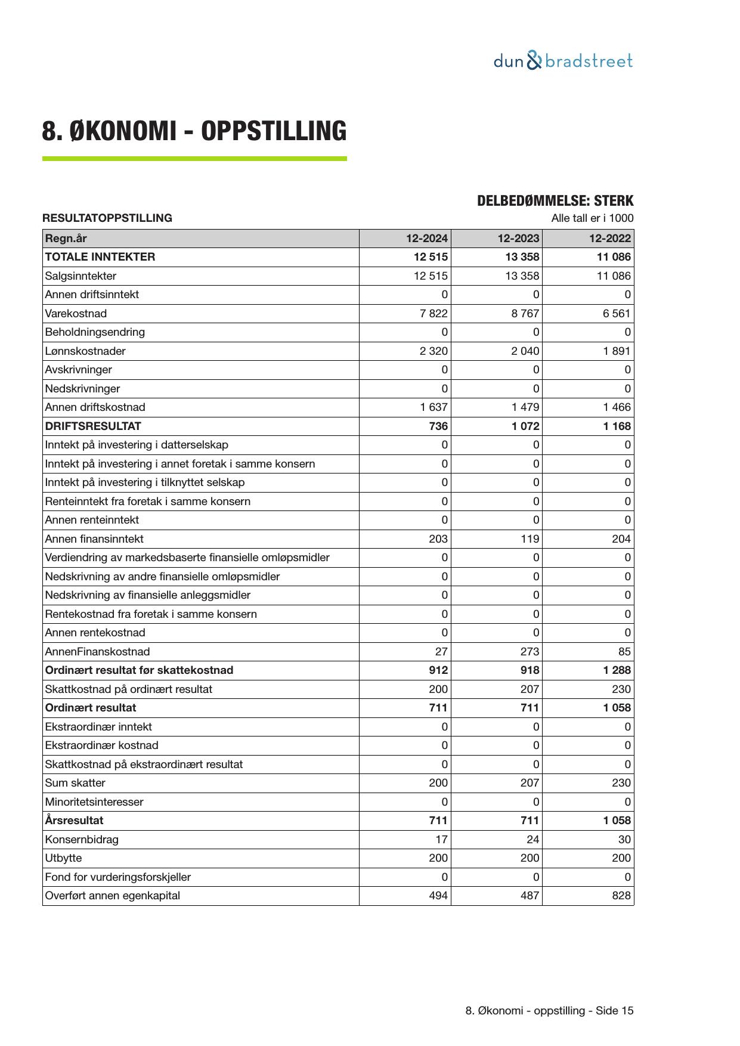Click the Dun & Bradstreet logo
[563, 61]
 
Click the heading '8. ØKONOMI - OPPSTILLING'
[194, 131]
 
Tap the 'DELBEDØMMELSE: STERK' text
[555, 201]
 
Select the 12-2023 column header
[518, 239]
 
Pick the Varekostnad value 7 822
[434, 314]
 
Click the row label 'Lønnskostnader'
[85, 351]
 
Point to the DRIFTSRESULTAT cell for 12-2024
[438, 426]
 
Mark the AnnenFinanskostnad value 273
[529, 652]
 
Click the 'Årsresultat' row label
[74, 821]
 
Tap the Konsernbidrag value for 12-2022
[624, 840]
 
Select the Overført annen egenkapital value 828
[621, 896]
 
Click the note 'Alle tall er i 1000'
[592, 218]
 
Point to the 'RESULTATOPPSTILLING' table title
[107, 218]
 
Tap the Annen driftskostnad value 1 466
[617, 407]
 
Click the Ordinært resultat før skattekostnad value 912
[438, 670]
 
